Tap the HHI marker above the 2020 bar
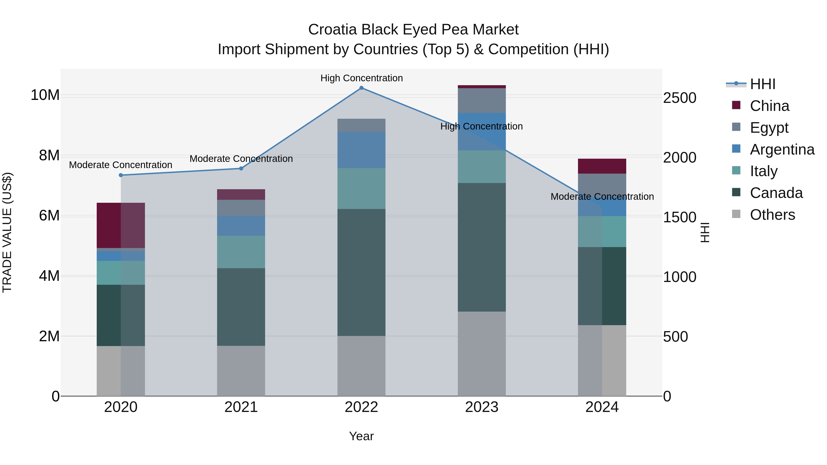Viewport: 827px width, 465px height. click(121, 175)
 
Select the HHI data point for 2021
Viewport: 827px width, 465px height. click(241, 169)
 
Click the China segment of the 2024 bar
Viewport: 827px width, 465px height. click(602, 166)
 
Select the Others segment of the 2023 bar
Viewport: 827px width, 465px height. click(481, 354)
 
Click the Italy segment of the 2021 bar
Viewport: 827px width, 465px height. click(241, 252)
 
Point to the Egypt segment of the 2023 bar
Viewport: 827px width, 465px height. click(481, 100)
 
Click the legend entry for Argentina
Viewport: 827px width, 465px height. click(782, 149)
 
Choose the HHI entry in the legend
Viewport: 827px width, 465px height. click(762, 84)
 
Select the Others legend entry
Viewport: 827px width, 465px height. click(772, 215)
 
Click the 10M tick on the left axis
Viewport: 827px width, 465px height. click(45, 95)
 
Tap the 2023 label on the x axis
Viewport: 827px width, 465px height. click(481, 407)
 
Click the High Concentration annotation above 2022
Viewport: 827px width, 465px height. click(362, 78)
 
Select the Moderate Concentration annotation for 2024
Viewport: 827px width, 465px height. click(602, 196)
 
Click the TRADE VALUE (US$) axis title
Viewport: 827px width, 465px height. click(7, 232)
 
